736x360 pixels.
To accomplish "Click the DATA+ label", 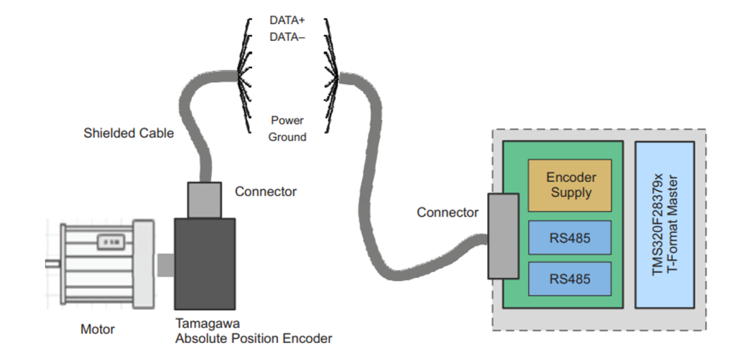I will coord(287,20).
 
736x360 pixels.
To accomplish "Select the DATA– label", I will coord(287,37).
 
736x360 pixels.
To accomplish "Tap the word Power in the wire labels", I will coord(287,121).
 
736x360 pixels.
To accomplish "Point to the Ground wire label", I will coord(287,137).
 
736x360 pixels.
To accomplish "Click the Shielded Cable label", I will coord(128,133).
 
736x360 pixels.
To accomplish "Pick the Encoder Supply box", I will coord(570,185).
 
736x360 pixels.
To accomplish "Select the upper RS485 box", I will coord(570,238).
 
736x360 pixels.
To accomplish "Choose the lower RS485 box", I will coord(570,279).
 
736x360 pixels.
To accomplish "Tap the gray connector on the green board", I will coord(503,236).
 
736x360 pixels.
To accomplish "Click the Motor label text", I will coord(97,330).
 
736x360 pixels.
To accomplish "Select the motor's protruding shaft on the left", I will coord(52,263).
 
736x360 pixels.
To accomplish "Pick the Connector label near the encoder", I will coord(266,192).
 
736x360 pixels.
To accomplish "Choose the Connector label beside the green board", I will coord(448,213).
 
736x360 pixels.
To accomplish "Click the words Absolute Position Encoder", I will coord(254,338).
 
